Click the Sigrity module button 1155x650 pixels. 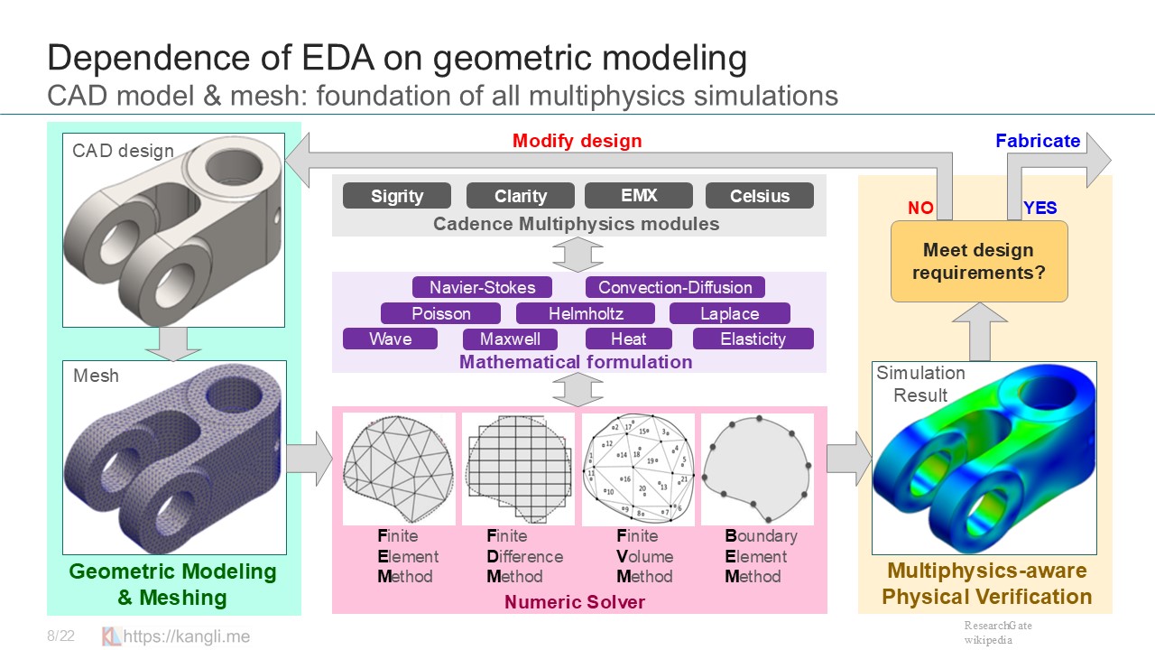pos(397,196)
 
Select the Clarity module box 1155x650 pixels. pos(521,196)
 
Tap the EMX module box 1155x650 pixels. pos(639,195)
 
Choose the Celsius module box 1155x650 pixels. pos(760,196)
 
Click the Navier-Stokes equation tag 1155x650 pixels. pos(483,288)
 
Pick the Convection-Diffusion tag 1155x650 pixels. pos(675,288)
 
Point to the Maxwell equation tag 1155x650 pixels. pos(511,339)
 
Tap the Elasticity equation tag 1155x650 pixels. pos(753,339)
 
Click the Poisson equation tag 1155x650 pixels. pos(440,314)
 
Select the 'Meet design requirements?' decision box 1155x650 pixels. pos(979,261)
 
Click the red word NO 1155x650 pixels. pos(920,209)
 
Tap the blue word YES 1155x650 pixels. pos(1039,209)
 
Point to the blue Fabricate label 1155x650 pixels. pos(1038,141)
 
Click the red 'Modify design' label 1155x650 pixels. pos(577,141)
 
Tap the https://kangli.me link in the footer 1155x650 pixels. pos(187,636)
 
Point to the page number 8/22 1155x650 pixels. pos(60,636)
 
